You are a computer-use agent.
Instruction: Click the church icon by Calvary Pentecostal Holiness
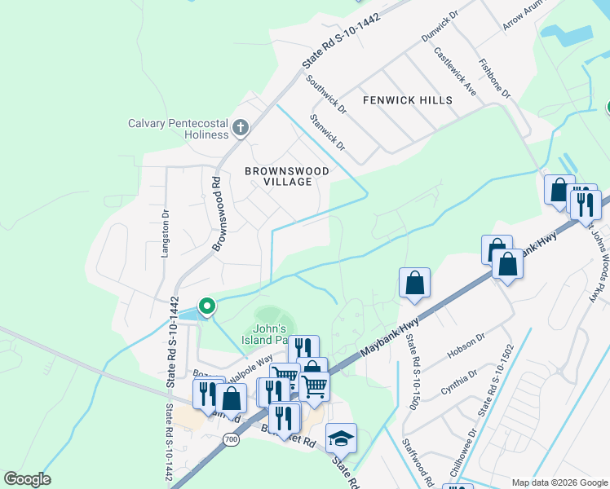240,127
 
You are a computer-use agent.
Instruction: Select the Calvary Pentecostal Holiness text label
178,129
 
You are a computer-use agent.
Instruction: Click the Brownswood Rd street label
219,214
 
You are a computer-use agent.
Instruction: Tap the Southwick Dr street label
326,95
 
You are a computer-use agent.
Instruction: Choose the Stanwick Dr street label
329,133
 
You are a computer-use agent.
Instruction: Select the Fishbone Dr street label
495,78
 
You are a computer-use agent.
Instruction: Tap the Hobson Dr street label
466,346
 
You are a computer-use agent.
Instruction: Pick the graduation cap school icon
341,438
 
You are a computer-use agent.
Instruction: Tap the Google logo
27,479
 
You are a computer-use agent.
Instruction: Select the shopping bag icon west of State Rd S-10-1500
414,283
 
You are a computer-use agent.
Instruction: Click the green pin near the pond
207,306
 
